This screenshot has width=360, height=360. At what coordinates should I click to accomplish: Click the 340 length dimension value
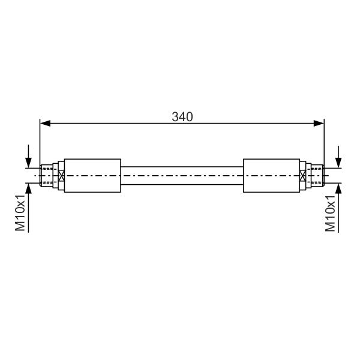tap(182, 116)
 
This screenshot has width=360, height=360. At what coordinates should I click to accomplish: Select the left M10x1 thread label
tap(20, 212)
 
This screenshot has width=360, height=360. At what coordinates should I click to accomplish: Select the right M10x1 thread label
tap(330, 213)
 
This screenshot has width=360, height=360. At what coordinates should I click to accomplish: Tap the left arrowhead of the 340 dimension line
tap(45, 123)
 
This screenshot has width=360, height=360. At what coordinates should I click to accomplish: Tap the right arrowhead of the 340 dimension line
tap(319, 123)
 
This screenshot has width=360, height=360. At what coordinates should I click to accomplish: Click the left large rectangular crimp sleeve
tap(92, 175)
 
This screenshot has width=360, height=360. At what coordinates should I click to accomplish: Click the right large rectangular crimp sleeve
tap(271, 175)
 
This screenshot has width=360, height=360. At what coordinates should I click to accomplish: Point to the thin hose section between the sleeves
tap(182, 176)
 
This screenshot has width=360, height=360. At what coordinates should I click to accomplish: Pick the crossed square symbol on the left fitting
tap(61, 176)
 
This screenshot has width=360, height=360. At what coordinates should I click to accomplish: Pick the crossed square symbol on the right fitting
tap(303, 176)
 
